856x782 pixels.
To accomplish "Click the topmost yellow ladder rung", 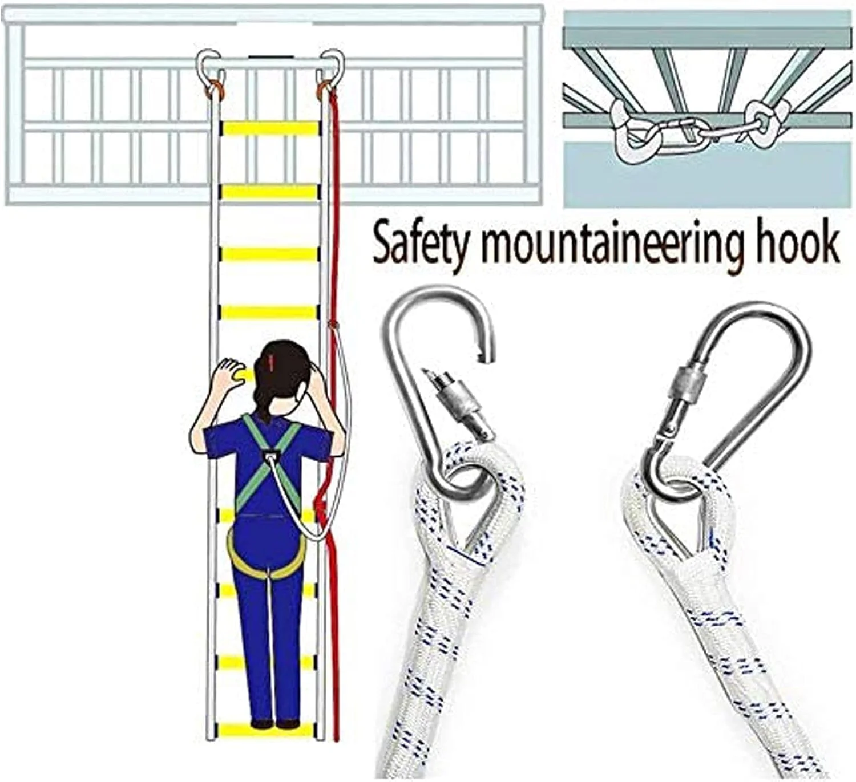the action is tap(270, 128).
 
